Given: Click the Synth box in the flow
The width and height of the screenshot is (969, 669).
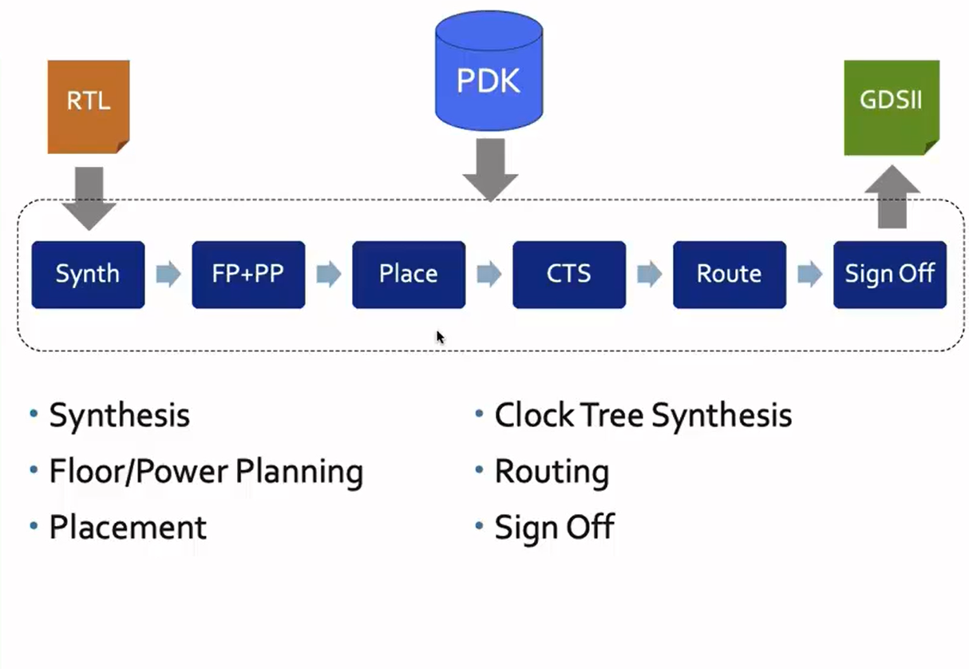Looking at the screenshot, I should (88, 275).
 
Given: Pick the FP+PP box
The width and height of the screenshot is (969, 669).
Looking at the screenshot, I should (248, 275).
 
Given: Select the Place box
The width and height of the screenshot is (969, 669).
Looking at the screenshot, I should (409, 275).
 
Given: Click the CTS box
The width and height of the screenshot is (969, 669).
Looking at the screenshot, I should (569, 275).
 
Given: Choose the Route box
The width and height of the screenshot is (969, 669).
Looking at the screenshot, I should (730, 275).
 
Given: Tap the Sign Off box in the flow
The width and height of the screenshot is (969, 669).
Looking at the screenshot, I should (890, 275).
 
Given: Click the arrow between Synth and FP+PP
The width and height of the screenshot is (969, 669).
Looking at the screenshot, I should (168, 275).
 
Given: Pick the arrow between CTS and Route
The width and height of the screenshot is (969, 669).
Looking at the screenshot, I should (650, 275).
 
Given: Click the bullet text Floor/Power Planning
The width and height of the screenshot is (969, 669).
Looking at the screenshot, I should (206, 472).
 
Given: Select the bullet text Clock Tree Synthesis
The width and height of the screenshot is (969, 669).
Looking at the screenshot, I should (643, 416).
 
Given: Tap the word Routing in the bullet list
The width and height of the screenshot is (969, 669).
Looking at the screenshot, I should (552, 472).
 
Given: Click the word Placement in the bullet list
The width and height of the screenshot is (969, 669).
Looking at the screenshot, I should (128, 528).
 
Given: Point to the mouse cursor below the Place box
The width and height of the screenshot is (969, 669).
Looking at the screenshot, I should (440, 337).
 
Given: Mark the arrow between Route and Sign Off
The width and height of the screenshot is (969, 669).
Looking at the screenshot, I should (810, 275).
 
